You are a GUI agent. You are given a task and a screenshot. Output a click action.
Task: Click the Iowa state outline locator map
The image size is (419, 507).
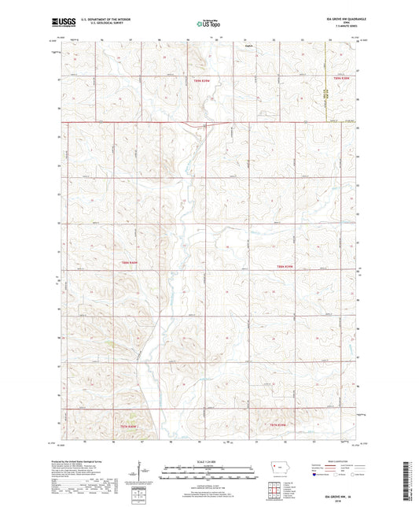[281, 468]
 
